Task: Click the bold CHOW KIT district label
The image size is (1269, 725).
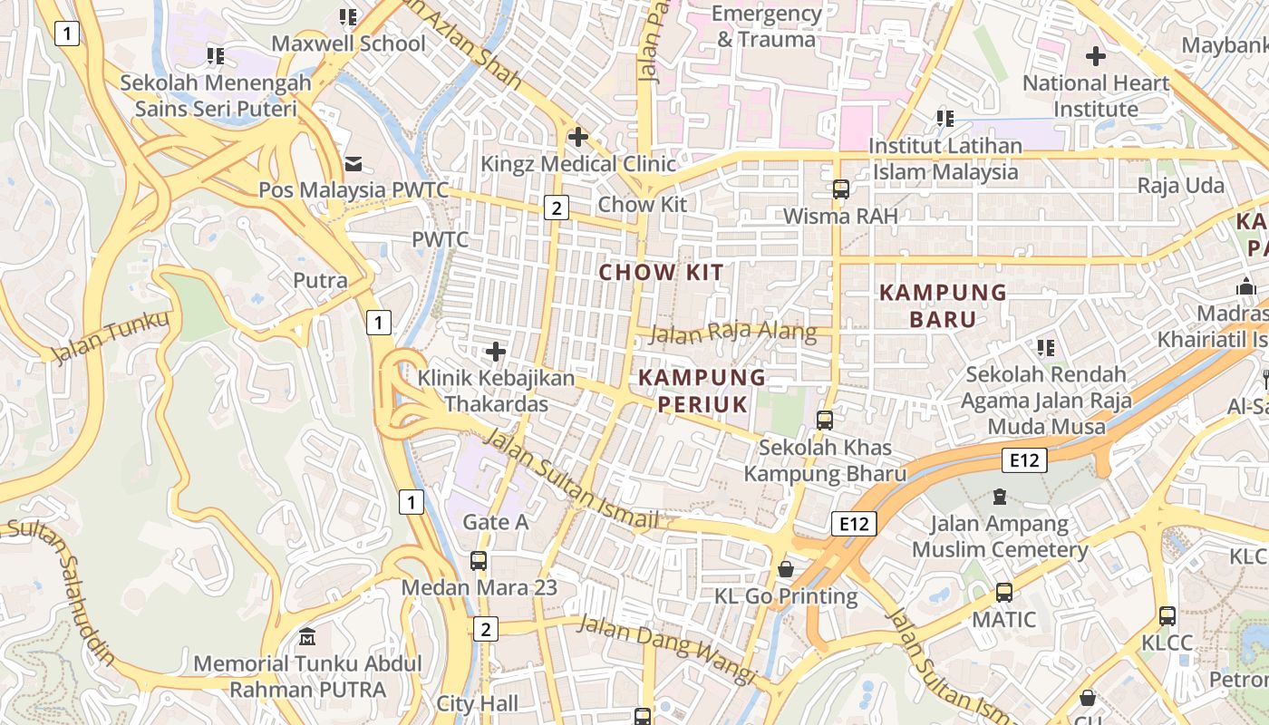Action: coord(662,272)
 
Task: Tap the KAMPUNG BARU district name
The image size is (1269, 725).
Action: coord(943,305)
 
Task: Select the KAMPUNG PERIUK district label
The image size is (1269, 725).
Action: coord(702,391)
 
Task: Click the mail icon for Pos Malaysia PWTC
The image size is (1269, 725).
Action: coord(354,163)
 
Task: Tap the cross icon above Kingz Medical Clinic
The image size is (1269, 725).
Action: coord(577,137)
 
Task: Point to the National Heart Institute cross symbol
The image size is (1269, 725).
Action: coord(1095,56)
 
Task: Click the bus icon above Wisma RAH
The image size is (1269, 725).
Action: coord(841,188)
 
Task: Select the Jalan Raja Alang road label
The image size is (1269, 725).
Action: coord(734,332)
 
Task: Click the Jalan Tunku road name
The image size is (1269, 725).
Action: coord(111,336)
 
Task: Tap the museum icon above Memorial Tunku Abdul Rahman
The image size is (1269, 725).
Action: coord(307,636)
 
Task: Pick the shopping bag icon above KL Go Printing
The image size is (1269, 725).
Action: coord(786,569)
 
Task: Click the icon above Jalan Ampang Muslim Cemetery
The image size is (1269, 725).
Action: coord(999,497)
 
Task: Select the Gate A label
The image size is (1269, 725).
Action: coord(495,522)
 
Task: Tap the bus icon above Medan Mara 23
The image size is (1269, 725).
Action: coord(479,560)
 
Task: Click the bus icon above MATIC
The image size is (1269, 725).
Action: coord(1003,593)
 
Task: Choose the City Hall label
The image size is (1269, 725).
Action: coord(478,703)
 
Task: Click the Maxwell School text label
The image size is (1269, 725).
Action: coord(348,43)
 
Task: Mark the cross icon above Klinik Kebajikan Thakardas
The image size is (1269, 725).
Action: coord(495,351)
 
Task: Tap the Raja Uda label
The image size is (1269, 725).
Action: coord(1180,186)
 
